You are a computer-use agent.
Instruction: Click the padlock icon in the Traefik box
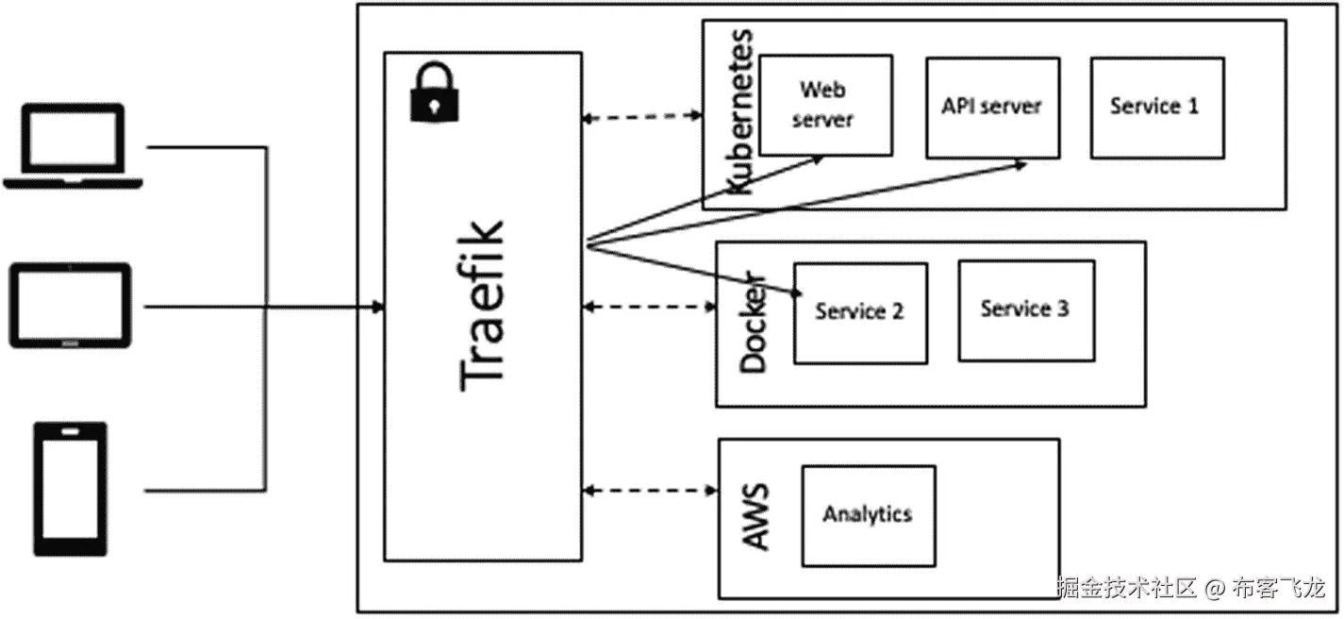coord(432,92)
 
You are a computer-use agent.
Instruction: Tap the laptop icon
coord(73,146)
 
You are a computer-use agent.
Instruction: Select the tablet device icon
coord(71,305)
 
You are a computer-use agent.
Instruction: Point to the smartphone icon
coord(71,489)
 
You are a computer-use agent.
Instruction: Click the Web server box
coord(825,105)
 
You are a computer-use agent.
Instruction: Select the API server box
coord(991,107)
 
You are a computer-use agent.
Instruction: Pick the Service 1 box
coord(1156,107)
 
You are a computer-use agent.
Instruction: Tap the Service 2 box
coord(859,312)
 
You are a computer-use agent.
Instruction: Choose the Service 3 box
coord(1025,309)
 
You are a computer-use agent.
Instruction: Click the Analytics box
coord(868,515)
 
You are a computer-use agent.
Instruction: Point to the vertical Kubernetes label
coord(742,111)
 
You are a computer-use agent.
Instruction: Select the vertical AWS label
coord(755,517)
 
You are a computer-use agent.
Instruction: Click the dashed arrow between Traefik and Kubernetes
coord(643,117)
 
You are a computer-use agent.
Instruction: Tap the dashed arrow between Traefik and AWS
coord(650,490)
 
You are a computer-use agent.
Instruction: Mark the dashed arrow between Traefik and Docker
coord(650,307)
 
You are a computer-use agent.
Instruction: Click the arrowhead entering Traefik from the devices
coord(377,307)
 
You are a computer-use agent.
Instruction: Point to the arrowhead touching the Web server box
coord(819,159)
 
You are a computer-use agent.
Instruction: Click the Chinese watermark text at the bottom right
coord(1191,589)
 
